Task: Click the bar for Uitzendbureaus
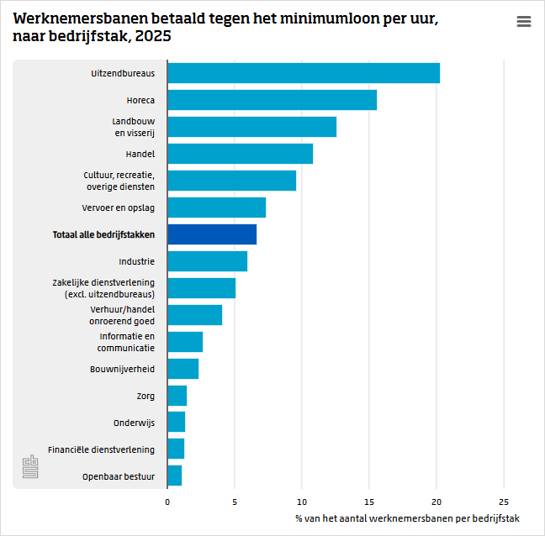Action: pos(303,73)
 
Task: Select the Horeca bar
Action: pos(272,100)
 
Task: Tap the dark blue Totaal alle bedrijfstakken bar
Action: pos(212,234)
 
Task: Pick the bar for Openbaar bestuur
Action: pos(175,476)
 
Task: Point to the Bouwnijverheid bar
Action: pos(183,369)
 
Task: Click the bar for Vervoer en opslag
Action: pos(216,208)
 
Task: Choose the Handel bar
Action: pos(240,154)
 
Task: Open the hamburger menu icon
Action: pos(524,22)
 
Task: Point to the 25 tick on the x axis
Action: pos(504,502)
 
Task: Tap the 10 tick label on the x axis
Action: pos(302,502)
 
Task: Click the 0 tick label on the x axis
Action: pos(167,502)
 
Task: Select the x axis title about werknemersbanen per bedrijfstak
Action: pos(408,518)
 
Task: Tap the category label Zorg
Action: pos(146,396)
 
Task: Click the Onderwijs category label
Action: pos(134,423)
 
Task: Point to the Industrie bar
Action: pos(207,261)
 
